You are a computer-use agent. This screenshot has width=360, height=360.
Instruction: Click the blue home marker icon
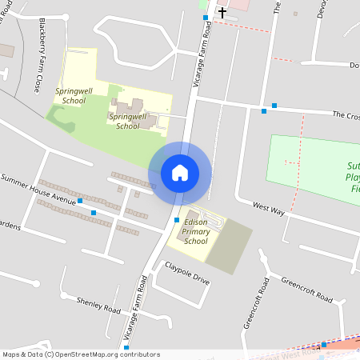[x=180, y=173]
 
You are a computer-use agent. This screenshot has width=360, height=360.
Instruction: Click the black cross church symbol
[x=222, y=12]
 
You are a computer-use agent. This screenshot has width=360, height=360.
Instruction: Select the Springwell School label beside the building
[x=128, y=121]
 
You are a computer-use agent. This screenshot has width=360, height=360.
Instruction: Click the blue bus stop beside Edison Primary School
[x=177, y=220]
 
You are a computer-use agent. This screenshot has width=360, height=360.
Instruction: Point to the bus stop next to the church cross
[x=206, y=17]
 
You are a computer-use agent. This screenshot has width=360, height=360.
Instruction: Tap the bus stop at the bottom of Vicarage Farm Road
[x=126, y=348]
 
